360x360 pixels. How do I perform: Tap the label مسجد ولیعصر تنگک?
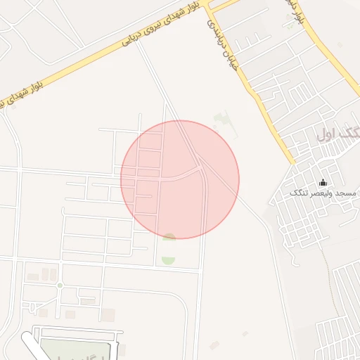pos(323,193)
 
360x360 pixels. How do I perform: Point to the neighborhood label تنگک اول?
pos(338,135)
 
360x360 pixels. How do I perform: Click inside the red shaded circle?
pos(180,180)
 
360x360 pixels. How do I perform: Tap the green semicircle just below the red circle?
pos(168,261)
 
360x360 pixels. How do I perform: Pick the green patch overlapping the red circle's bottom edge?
pos(169,237)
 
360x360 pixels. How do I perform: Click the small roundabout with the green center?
pos(60,285)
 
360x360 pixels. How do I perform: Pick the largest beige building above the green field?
pos(108,314)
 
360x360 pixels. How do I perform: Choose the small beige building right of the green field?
pos(122,349)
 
